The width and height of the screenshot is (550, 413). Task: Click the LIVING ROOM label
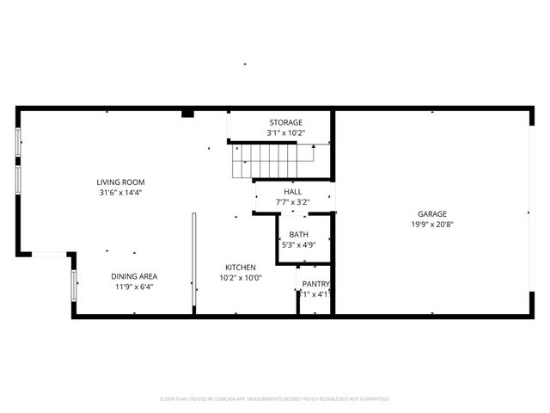click(120, 182)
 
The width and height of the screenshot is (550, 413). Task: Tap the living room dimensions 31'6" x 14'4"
click(120, 193)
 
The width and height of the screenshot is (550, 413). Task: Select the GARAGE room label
click(432, 214)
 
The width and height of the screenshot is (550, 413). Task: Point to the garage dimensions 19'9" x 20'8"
click(432, 225)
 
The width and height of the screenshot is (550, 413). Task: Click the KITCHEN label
click(241, 267)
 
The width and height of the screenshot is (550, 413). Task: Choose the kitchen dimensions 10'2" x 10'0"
click(241, 277)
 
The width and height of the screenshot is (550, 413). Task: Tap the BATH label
click(298, 234)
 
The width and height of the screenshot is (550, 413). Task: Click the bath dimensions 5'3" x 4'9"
click(298, 244)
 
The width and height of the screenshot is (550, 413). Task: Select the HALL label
click(292, 192)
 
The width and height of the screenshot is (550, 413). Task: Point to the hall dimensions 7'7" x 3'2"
click(292, 202)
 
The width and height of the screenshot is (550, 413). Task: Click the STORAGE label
click(285, 123)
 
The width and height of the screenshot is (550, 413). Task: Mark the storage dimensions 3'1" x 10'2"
click(285, 133)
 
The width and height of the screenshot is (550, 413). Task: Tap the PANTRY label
click(316, 284)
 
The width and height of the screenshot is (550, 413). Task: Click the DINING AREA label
click(134, 276)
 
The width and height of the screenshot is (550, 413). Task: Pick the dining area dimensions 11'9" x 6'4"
click(134, 287)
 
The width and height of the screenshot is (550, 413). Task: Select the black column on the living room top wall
click(187, 113)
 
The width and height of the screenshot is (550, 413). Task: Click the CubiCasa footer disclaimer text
click(275, 399)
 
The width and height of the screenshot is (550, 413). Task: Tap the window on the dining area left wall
click(74, 283)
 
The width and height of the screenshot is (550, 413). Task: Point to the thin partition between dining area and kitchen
click(193, 263)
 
